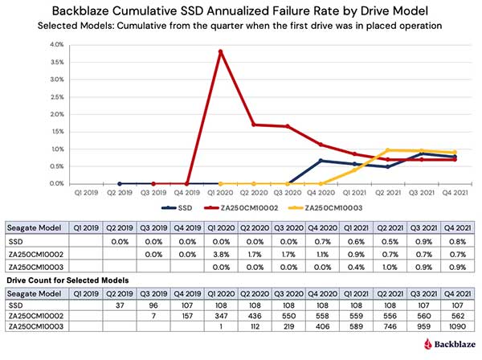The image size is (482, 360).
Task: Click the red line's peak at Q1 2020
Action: [x=220, y=51]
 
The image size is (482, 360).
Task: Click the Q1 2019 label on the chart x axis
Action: [x=85, y=192]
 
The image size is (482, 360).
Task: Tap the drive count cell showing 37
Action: [x=120, y=305]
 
